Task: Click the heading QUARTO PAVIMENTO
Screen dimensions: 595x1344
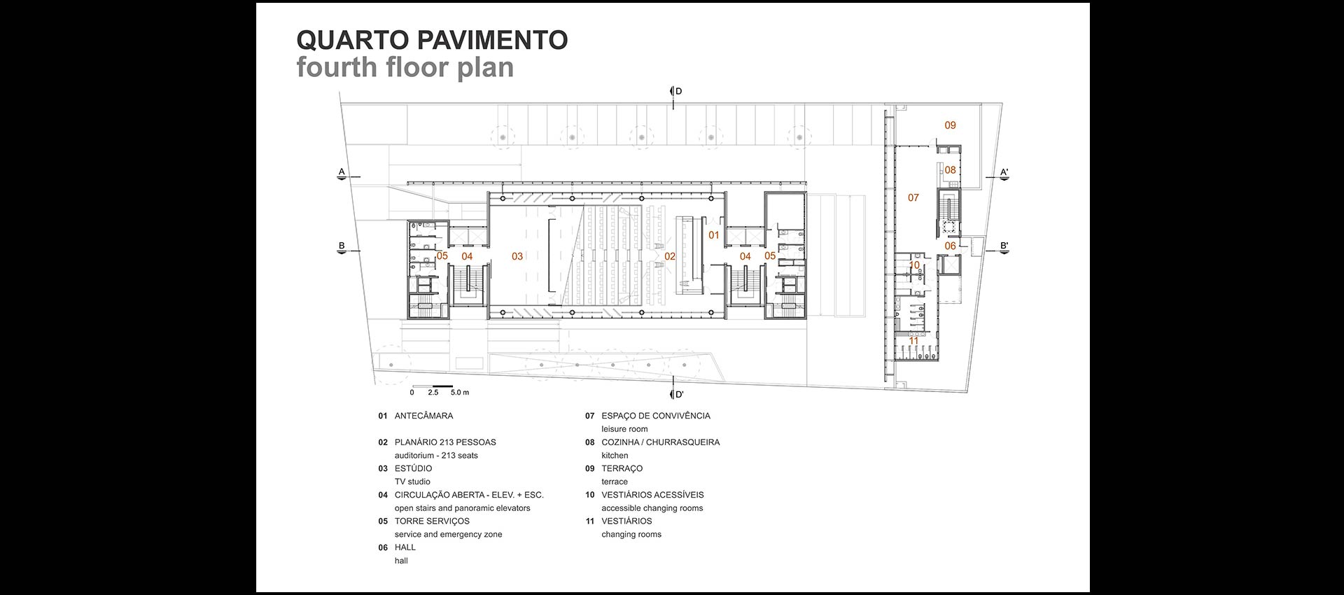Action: click(x=432, y=41)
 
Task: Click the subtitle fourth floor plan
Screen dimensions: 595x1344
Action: click(x=405, y=68)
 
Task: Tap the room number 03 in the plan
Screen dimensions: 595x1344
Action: click(x=517, y=256)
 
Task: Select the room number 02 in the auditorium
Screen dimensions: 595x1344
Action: click(x=670, y=256)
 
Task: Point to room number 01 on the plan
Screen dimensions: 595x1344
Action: click(x=713, y=235)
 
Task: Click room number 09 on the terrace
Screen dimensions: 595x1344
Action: click(x=950, y=125)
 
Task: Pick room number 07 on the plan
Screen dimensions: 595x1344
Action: click(x=913, y=197)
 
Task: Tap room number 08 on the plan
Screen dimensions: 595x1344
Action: click(x=950, y=170)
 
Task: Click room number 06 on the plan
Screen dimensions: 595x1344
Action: click(x=950, y=246)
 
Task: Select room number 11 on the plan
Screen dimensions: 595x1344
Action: click(x=913, y=341)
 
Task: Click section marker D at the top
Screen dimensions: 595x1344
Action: click(x=678, y=91)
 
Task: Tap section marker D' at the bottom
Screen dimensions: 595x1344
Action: click(x=678, y=394)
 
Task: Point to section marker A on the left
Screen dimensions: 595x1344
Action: click(x=342, y=171)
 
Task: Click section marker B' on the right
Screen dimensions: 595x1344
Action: click(x=1004, y=246)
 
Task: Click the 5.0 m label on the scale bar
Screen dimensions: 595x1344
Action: click(x=460, y=393)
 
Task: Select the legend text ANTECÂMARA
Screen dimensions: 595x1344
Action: click(x=423, y=416)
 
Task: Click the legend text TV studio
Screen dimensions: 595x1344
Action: click(x=412, y=482)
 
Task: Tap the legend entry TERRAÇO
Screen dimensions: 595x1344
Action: click(x=622, y=468)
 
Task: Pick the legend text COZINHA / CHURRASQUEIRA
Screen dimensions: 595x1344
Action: click(x=660, y=442)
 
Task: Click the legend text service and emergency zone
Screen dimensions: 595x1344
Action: click(x=448, y=534)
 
